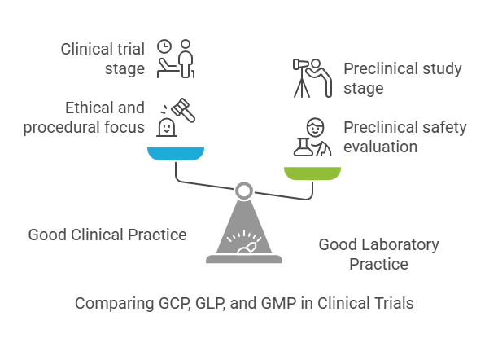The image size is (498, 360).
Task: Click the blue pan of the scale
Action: pos(176,154)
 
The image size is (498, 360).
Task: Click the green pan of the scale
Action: pos(313,172)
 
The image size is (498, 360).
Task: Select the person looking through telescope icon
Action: pos(311,77)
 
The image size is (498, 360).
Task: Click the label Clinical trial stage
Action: pos(103,59)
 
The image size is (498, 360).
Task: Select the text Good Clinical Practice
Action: pos(107,235)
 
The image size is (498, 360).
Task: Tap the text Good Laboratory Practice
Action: pos(378,254)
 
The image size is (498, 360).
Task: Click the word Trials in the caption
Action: pos(394,303)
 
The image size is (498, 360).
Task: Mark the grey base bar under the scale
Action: pos(243,260)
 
